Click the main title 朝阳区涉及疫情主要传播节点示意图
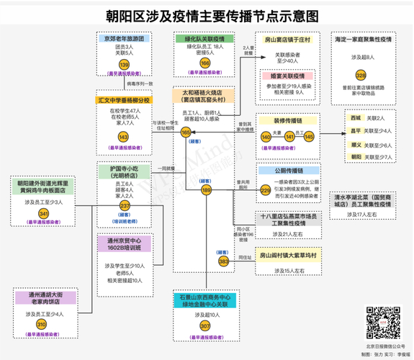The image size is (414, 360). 207,14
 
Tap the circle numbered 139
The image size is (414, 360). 125,64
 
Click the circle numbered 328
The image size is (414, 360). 361,76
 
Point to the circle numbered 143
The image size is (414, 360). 124,136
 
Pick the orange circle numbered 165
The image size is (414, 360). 186,132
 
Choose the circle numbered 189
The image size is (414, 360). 207,190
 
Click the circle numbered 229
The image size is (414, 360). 266,190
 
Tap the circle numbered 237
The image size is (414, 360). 125,206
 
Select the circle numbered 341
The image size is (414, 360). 43,214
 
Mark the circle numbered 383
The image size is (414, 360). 223,262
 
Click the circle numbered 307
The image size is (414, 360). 205,325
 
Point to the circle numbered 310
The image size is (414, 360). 41,325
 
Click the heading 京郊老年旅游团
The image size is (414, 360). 125,37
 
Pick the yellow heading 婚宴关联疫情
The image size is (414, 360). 287,75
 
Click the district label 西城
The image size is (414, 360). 355,117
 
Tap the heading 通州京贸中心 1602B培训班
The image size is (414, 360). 125,246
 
